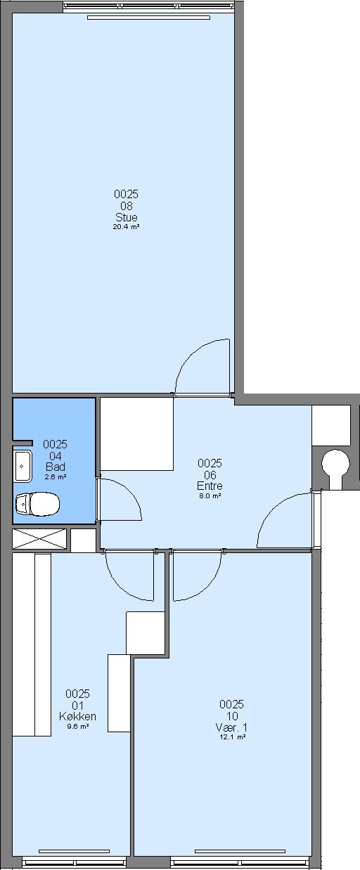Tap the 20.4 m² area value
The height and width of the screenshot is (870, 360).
point(127,227)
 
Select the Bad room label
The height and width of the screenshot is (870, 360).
point(56,467)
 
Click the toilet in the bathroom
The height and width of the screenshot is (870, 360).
point(37,504)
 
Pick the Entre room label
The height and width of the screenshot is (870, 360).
point(210,486)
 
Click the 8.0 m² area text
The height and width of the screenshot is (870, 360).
point(210,495)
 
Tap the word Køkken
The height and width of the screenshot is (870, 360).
point(78,716)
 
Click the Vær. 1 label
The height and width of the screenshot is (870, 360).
point(231,727)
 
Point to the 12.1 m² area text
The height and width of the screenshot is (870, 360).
point(231,737)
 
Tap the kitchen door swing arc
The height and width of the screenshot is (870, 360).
point(120,587)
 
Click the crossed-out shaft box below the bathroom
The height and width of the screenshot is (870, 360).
point(39,539)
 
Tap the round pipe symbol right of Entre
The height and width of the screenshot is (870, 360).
point(335,464)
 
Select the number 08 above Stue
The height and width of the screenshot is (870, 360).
point(127,206)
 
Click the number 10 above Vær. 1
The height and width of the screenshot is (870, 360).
point(231,716)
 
